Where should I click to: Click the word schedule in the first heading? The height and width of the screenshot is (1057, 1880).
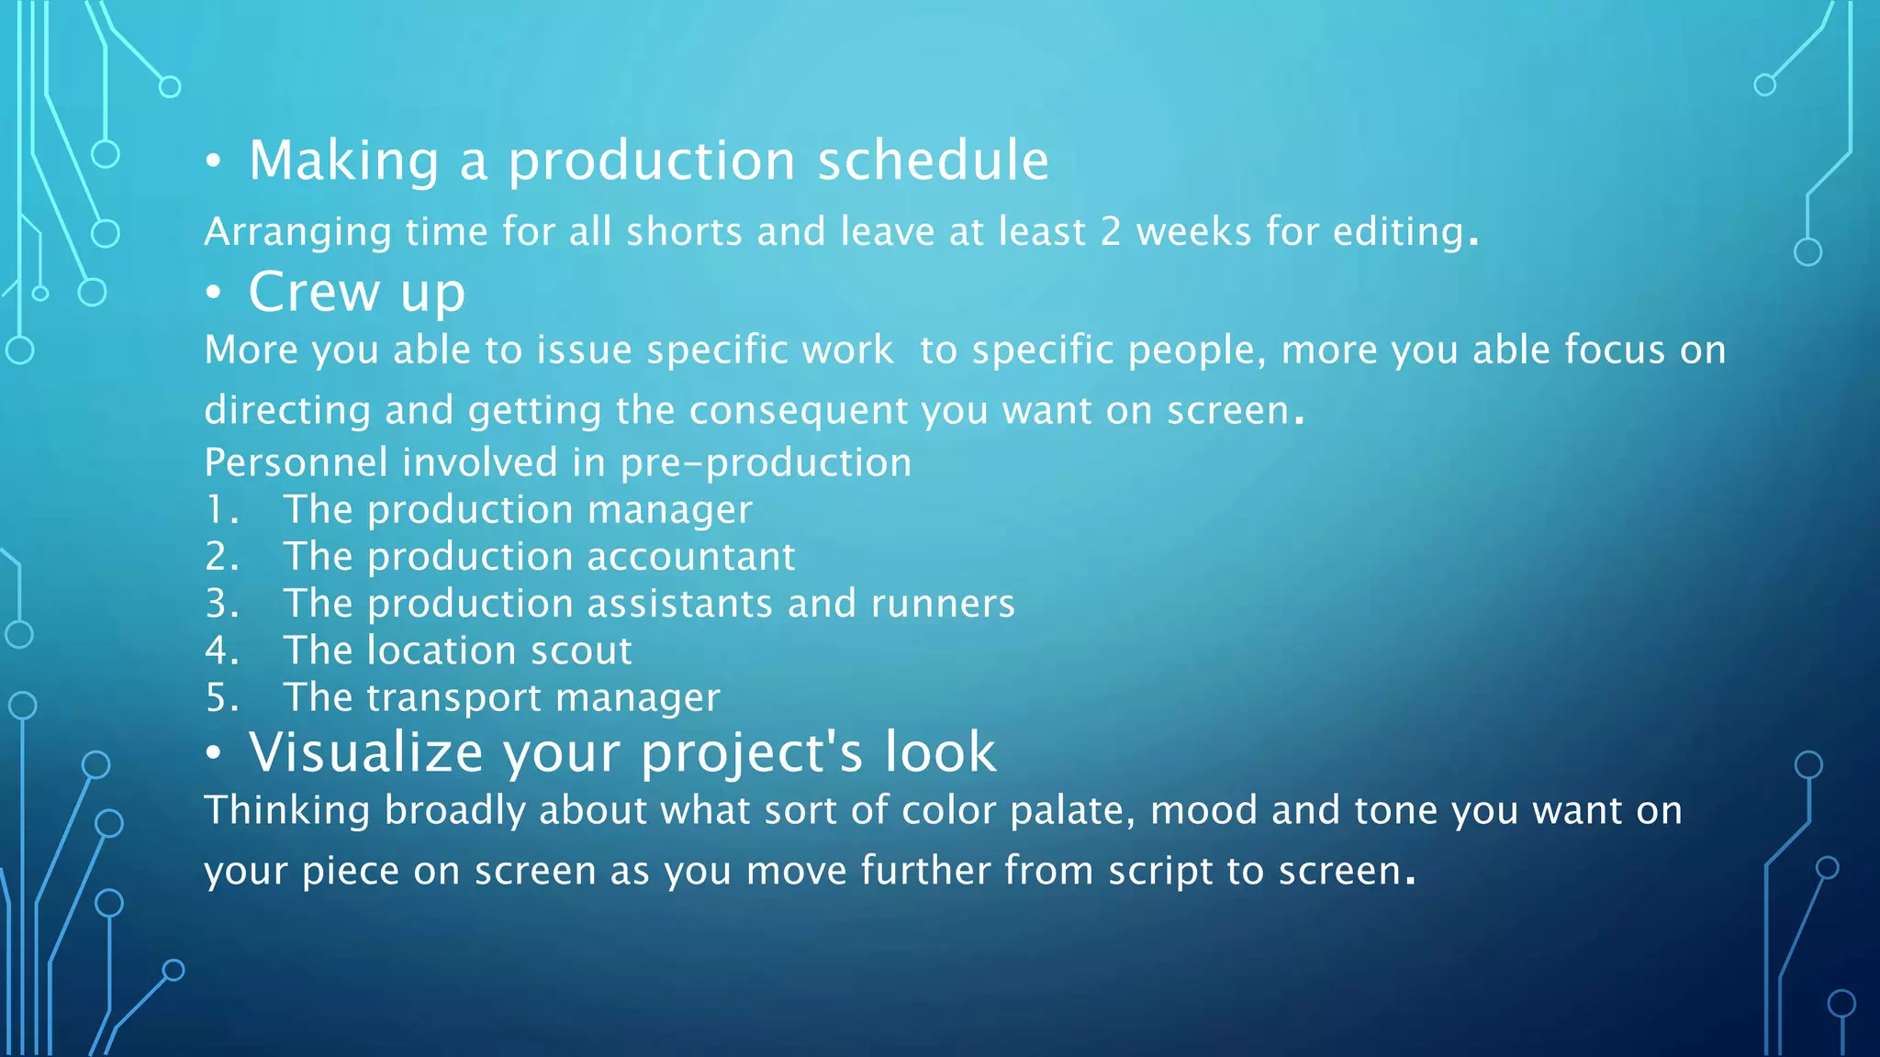pyautogui.click(x=933, y=161)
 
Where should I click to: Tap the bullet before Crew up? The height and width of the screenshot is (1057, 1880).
pyautogui.click(x=214, y=294)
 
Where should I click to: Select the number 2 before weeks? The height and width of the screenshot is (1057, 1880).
pyautogui.click(x=1111, y=232)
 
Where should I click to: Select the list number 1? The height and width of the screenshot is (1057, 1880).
pyautogui.click(x=221, y=510)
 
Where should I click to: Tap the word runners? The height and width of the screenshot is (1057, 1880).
pyautogui.click(x=942, y=604)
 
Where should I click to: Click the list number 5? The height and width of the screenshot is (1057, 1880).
pyautogui.click(x=221, y=698)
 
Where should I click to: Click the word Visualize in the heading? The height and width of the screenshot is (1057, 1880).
pyautogui.click(x=365, y=752)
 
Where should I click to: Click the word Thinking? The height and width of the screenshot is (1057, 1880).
pyautogui.click(x=286, y=811)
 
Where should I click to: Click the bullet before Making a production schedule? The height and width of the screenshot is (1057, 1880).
pyautogui.click(x=214, y=162)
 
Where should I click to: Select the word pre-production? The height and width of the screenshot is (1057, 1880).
pyautogui.click(x=766, y=462)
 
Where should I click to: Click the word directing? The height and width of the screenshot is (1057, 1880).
pyautogui.click(x=286, y=410)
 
